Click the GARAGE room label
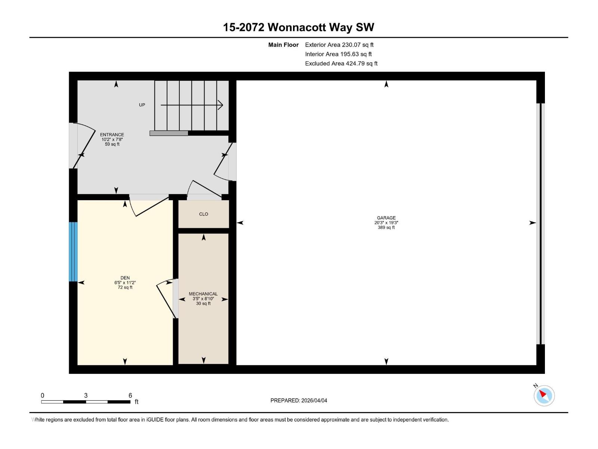(x=386, y=218)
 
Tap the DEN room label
(x=125, y=278)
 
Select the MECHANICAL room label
(x=203, y=294)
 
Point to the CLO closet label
(x=203, y=214)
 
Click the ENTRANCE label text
(x=112, y=135)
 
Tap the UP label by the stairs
(x=142, y=105)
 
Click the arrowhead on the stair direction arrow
(x=221, y=105)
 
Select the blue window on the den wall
(x=73, y=252)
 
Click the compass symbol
(x=544, y=395)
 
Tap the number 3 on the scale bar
(x=86, y=395)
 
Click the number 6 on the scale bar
(x=130, y=395)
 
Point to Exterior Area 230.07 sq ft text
(x=339, y=45)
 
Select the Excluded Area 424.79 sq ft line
(x=341, y=64)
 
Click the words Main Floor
(x=283, y=45)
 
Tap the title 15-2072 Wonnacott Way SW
(x=298, y=27)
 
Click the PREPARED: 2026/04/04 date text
(x=299, y=400)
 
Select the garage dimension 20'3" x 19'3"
(x=386, y=223)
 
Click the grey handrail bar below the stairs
(x=169, y=133)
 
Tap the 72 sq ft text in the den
(x=125, y=287)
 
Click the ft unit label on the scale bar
(x=136, y=402)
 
